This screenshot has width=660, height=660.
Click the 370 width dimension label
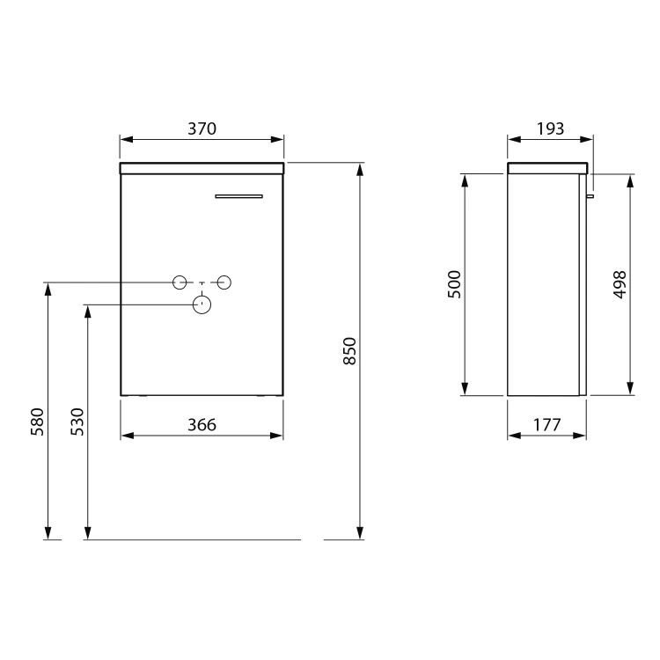click(202, 128)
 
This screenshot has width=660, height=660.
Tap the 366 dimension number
click(202, 425)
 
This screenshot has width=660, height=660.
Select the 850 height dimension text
click(349, 351)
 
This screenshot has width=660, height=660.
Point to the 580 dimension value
click(38, 422)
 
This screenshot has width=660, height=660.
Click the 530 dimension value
click(77, 422)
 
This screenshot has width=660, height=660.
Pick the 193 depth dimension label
click(550, 128)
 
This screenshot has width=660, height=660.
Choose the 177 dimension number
click(547, 425)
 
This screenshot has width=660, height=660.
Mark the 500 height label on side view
click(455, 284)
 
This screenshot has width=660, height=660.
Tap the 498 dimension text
click(620, 285)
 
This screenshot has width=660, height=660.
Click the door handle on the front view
click(238, 196)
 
